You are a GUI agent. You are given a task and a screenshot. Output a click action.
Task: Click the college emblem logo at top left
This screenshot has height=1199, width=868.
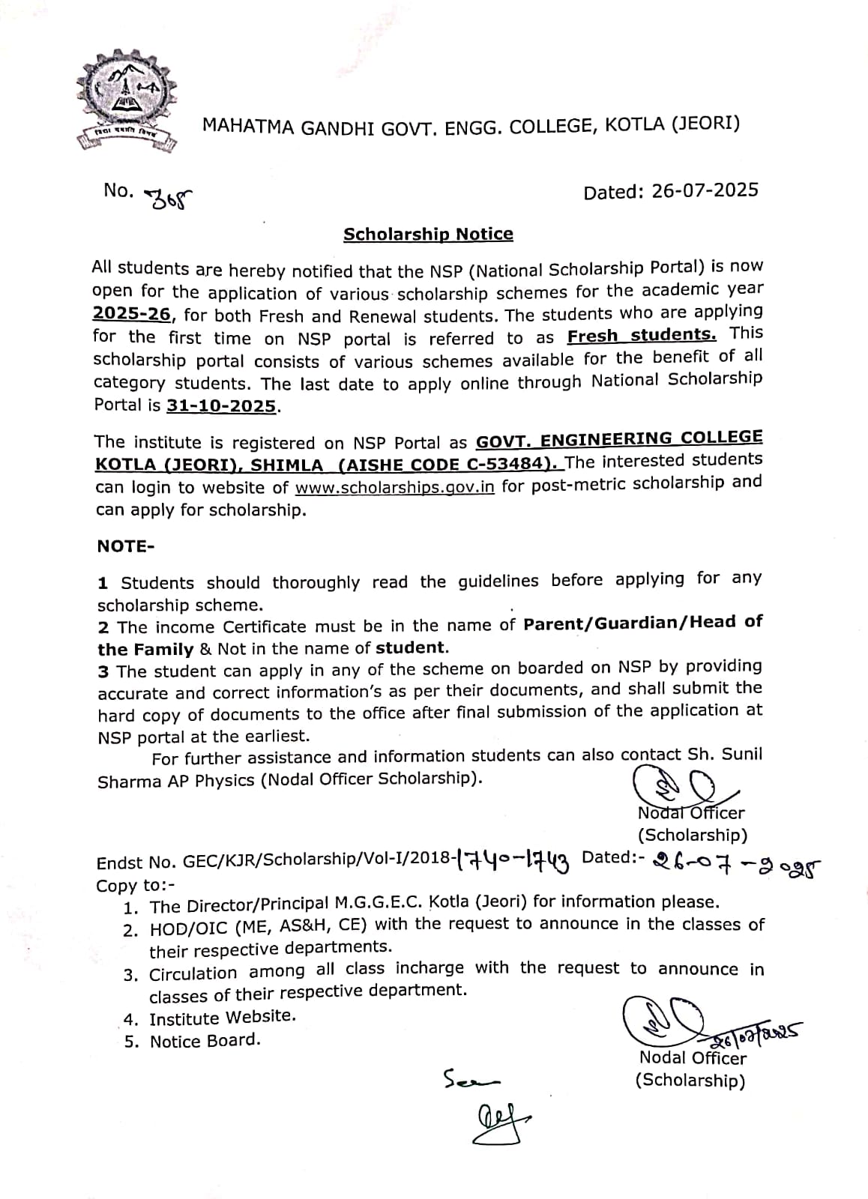pos(127,100)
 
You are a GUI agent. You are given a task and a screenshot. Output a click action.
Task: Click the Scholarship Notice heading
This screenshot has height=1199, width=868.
pos(428,235)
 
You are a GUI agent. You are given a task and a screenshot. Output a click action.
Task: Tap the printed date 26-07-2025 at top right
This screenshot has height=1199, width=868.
pos(705,191)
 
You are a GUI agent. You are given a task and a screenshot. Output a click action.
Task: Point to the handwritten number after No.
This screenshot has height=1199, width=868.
pos(172,198)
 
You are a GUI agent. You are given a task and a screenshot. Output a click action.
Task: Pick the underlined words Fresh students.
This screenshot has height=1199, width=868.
pos(642,335)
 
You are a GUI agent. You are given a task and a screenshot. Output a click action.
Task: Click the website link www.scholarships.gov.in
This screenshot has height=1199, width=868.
pos(395,487)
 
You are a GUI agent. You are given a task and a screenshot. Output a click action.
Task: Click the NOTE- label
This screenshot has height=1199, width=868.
pos(125,546)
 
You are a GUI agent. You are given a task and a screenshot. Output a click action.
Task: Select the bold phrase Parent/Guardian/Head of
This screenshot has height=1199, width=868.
pos(642,623)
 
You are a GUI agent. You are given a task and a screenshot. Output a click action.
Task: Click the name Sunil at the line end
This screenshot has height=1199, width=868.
pos(742,754)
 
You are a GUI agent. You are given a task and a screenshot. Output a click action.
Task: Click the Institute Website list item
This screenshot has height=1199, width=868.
pos(223,1018)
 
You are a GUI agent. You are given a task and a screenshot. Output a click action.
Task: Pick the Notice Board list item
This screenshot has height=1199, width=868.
pos(205,1041)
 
